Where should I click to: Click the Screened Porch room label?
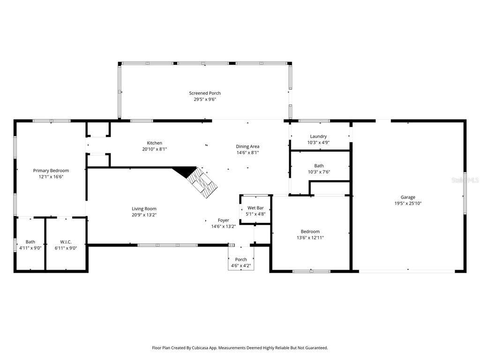coord(205,93)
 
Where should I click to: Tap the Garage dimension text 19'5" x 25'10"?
coord(408,203)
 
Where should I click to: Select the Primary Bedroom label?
coord(51,171)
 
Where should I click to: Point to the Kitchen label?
coord(155,143)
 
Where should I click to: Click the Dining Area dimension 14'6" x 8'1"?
coord(247,152)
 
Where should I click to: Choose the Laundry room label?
coord(318,136)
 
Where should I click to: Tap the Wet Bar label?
coord(255,208)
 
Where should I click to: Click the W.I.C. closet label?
coord(66,242)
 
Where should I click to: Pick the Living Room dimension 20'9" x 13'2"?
coord(144,215)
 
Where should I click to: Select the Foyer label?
coord(224,220)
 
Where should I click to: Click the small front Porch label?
coord(241,259)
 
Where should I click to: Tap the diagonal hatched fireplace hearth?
coord(202,182)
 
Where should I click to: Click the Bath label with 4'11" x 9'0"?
coord(30,242)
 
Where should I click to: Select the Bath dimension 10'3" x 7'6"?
coord(319,172)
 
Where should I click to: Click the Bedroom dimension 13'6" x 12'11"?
coord(310,238)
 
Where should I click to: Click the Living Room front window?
coord(168,245)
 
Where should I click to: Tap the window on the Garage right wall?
coord(465,193)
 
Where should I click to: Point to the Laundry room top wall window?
coord(315,121)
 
